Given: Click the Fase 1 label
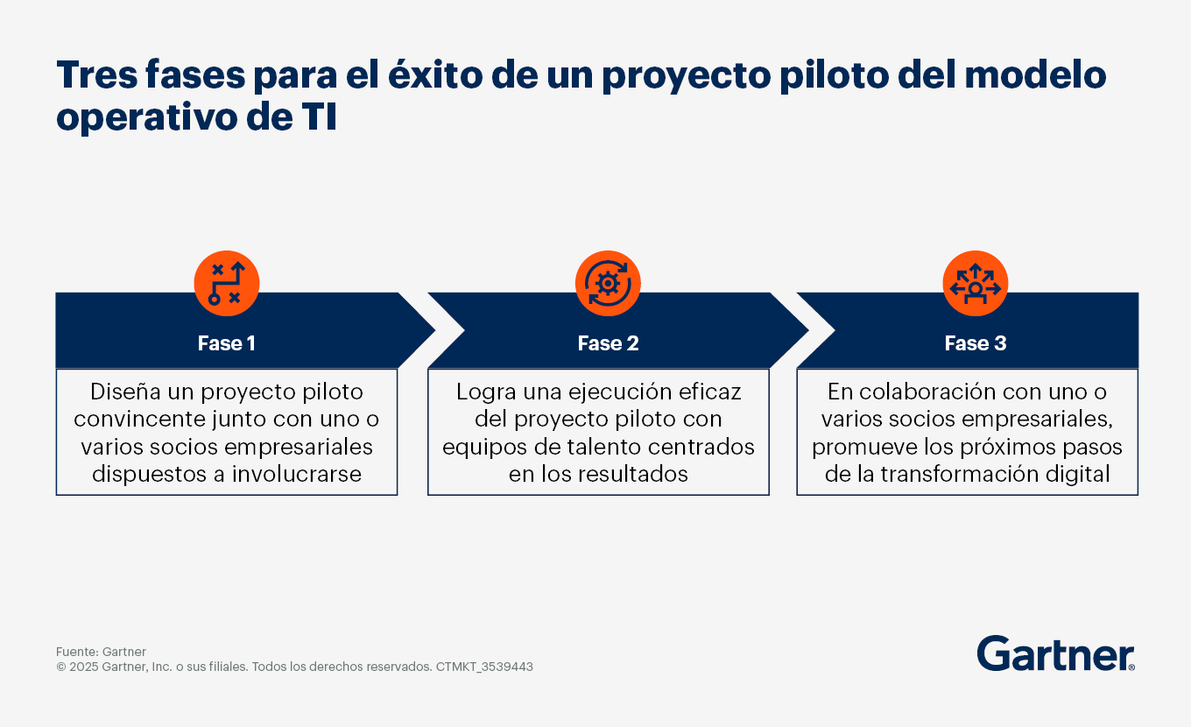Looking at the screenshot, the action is click(x=227, y=343).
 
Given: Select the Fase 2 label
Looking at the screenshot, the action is click(x=609, y=343).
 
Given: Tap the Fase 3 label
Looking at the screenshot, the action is click(x=976, y=343).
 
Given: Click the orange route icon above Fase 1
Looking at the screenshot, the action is click(x=227, y=284).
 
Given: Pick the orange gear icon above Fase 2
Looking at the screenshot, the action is click(x=608, y=284).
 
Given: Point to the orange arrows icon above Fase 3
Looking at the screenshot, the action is click(x=976, y=284).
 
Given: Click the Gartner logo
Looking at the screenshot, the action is click(x=1055, y=653).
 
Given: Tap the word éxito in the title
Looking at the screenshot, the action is click(x=435, y=74).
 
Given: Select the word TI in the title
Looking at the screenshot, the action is click(x=319, y=116).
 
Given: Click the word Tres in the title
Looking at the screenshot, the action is click(x=96, y=74).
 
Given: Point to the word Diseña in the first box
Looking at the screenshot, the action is click(x=125, y=392).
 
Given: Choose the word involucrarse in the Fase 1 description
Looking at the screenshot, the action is click(x=297, y=474).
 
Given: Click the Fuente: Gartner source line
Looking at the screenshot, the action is click(x=101, y=652).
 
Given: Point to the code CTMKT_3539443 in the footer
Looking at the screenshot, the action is click(x=484, y=667).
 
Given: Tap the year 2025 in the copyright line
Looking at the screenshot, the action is click(x=83, y=667).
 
